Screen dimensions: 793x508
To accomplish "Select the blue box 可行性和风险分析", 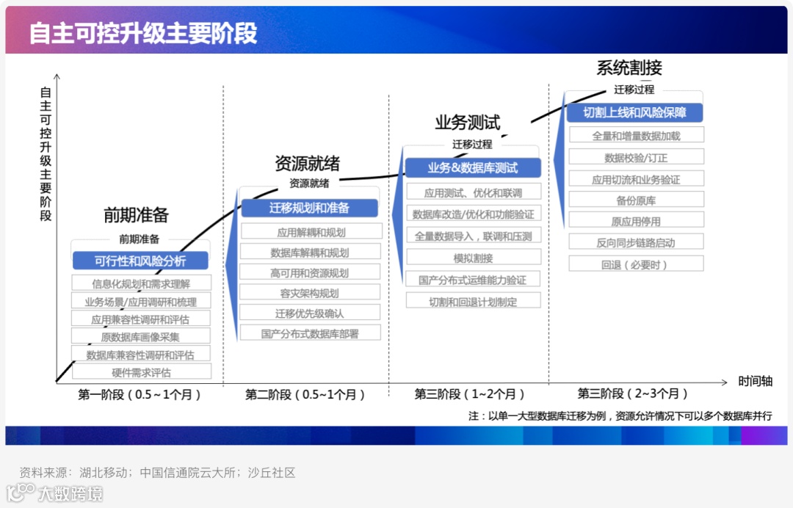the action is pyautogui.click(x=140, y=261).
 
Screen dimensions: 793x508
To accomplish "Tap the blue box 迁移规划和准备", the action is pyautogui.click(x=309, y=208).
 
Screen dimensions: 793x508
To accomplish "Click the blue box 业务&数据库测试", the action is pyautogui.click(x=473, y=168).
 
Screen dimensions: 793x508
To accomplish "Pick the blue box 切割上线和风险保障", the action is pyautogui.click(x=635, y=112).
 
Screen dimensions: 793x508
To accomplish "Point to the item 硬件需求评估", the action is pyautogui.click(x=141, y=372).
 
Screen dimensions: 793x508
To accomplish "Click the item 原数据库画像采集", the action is pyautogui.click(x=140, y=337).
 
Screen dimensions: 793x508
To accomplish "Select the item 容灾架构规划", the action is pyautogui.click(x=309, y=293).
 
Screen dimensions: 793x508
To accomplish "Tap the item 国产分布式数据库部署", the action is pyautogui.click(x=309, y=333).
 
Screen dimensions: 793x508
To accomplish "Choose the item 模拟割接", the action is pyautogui.click(x=473, y=258).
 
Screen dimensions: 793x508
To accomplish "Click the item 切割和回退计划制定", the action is pyautogui.click(x=473, y=301).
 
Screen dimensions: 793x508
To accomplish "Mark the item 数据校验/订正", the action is pyautogui.click(x=636, y=157).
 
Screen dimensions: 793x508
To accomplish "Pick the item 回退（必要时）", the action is pyautogui.click(x=636, y=264).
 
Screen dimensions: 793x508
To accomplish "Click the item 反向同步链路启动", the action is pyautogui.click(x=636, y=242).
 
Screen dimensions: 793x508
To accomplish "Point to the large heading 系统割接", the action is pyautogui.click(x=629, y=68).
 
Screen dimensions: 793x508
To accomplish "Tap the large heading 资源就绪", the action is pyautogui.click(x=307, y=163).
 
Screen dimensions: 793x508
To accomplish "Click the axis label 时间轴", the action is pyautogui.click(x=756, y=382).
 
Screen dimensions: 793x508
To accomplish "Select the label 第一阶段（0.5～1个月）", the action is pyautogui.click(x=140, y=395).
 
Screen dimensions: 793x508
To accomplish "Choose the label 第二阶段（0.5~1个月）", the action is pyautogui.click(x=305, y=395).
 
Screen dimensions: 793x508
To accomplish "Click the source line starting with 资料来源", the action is pyautogui.click(x=158, y=473).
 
